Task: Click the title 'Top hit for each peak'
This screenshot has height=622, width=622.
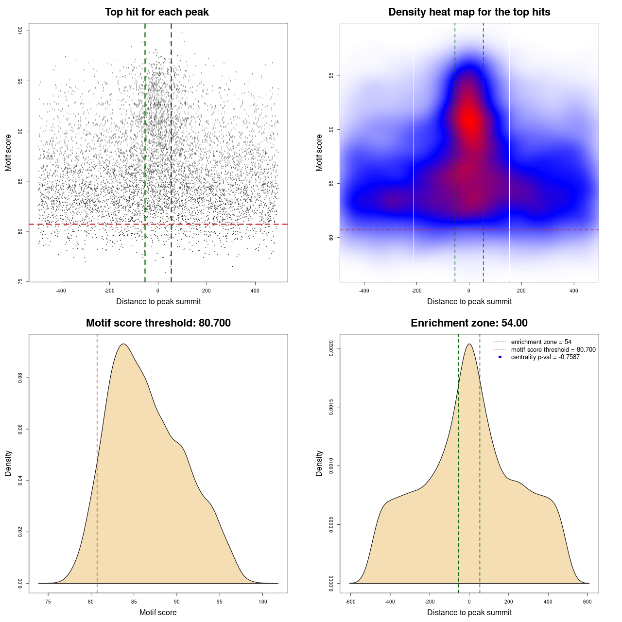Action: [156, 12]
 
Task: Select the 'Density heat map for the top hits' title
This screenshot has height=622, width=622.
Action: [469, 12]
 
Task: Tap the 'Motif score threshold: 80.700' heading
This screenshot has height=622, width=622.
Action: [158, 323]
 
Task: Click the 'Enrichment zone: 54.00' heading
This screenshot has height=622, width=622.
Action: [469, 323]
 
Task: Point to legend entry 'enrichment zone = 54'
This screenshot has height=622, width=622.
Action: [541, 342]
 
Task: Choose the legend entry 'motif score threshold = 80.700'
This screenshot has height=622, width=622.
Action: [553, 350]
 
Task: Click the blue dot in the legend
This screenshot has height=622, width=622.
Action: [500, 357]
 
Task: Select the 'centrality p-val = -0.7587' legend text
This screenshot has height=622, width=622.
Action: [545, 357]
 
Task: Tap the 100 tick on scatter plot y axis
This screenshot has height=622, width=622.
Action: [20, 31]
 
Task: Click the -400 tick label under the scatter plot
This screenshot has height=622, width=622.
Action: [61, 291]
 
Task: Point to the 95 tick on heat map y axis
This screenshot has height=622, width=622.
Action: [331, 75]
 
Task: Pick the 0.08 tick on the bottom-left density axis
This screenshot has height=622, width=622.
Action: [20, 378]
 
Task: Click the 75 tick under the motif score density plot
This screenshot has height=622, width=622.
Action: [48, 602]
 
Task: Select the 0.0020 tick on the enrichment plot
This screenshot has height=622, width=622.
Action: [331, 348]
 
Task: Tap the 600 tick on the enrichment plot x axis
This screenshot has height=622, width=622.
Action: [587, 602]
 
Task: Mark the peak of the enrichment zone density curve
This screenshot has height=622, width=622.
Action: [469, 344]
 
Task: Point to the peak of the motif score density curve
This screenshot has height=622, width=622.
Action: [124, 344]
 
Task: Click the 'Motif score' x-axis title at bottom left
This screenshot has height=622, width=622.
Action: [158, 612]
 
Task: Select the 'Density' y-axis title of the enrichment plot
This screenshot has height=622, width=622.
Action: [319, 463]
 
